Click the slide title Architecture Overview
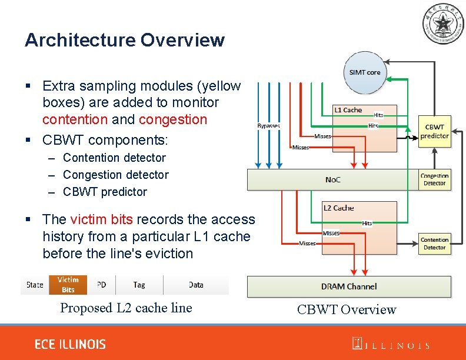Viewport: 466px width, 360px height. tap(124, 40)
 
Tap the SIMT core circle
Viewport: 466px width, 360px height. tap(365, 72)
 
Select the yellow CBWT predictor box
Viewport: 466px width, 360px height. tap(434, 131)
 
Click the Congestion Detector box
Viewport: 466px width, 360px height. tap(434, 179)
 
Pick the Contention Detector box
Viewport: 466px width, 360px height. tap(434, 244)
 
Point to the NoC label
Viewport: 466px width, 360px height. tap(332, 179)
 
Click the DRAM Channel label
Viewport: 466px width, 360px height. tap(349, 286)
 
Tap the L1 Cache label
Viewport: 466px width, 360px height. tap(348, 110)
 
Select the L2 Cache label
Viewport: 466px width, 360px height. tap(339, 208)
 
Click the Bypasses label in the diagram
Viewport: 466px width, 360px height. tap(268, 125)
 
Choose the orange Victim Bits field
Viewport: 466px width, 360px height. tap(68, 285)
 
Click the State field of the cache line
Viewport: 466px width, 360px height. tap(35, 285)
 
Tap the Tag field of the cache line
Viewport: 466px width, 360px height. tap(139, 285)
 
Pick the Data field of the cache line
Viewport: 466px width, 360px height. tap(196, 285)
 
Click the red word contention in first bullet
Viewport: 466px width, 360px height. tap(75, 119)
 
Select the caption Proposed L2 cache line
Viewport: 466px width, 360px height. tap(126, 308)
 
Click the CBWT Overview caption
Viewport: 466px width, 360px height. tap(347, 309)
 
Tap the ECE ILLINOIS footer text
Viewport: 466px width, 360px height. tap(70, 344)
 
